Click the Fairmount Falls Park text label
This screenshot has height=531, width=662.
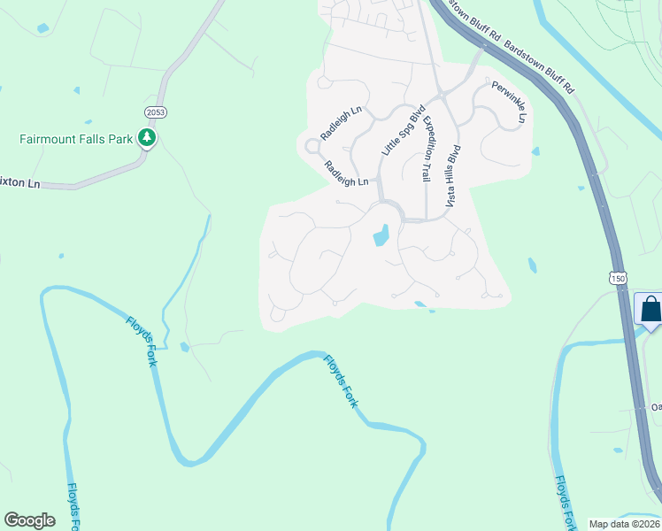point(75,139)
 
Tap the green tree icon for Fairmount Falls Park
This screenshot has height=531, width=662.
point(146,138)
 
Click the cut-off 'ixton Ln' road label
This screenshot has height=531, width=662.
point(20,183)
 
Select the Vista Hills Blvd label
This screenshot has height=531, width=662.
point(453,176)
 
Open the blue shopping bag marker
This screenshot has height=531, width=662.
point(650,310)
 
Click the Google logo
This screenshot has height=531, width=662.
point(30,520)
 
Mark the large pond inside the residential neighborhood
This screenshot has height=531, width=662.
point(381,236)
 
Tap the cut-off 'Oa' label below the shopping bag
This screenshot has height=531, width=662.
point(656,407)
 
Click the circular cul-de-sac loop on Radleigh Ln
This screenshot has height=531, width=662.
point(312,147)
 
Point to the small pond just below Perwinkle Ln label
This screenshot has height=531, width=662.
point(535,151)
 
